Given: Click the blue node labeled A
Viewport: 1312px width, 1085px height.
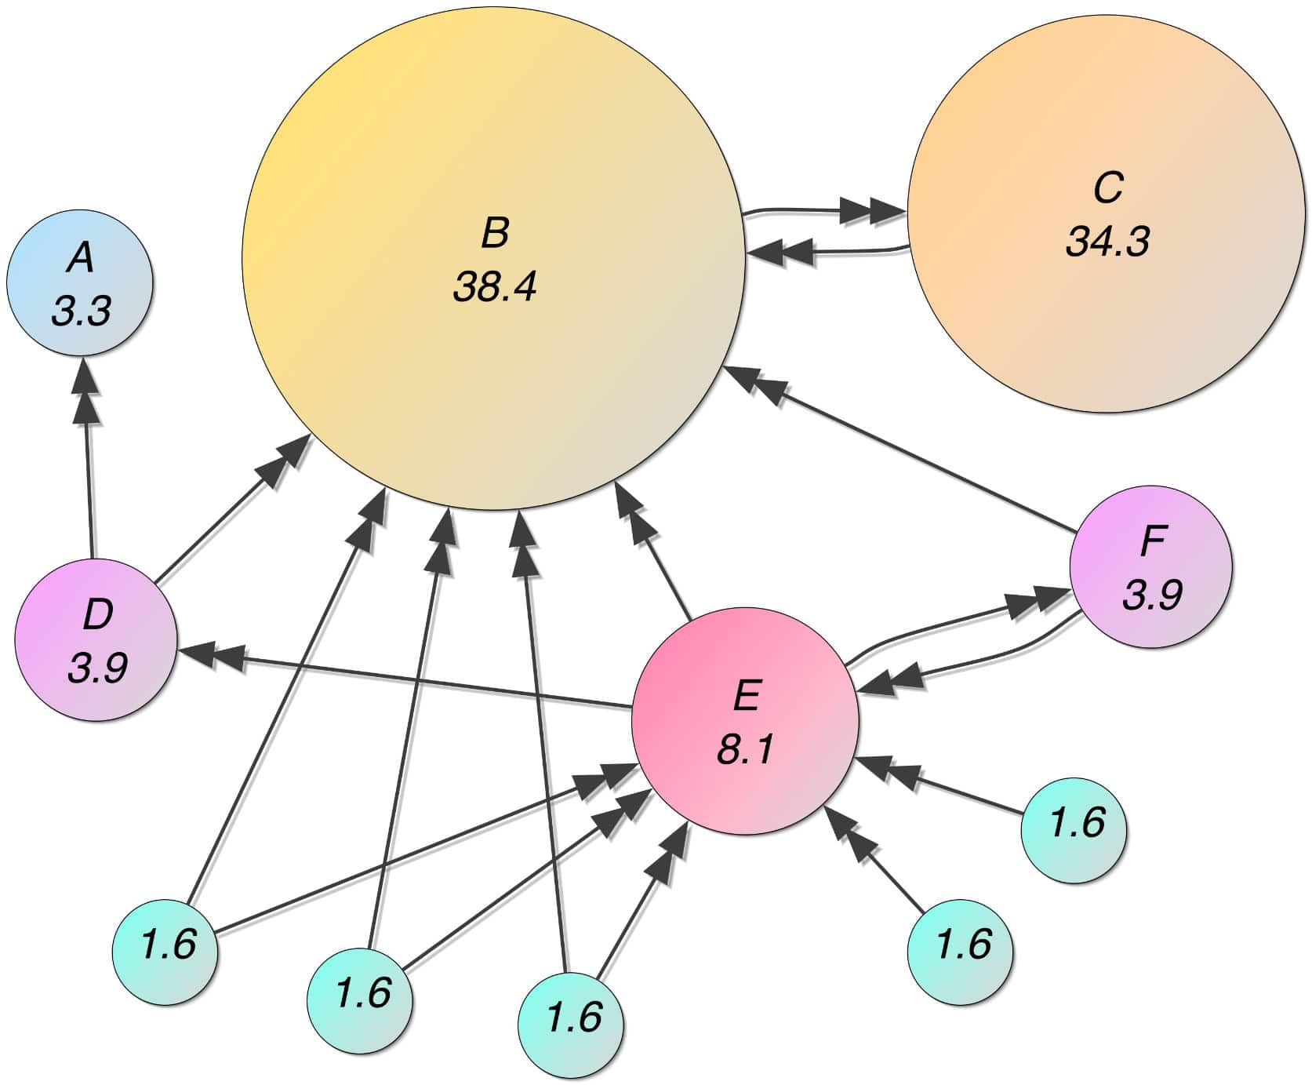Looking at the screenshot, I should [x=80, y=282].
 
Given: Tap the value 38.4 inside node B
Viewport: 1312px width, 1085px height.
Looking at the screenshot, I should [x=494, y=287].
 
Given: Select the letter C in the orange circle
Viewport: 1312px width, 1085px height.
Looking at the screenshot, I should [x=1108, y=188].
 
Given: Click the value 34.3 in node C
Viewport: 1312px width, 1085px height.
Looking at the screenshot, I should [x=1107, y=241].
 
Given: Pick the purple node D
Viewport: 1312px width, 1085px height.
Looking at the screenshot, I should [x=95, y=639].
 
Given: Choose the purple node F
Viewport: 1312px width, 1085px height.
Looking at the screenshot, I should [x=1150, y=566].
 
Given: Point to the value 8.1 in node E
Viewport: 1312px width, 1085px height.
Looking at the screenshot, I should [x=745, y=749].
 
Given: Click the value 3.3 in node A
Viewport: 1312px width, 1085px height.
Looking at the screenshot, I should [x=81, y=311].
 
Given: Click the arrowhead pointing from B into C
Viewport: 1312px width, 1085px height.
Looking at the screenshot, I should [x=874, y=211].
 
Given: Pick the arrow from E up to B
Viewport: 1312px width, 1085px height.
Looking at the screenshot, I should [x=655, y=553].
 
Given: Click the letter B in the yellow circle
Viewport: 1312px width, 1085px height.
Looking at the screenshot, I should [x=495, y=233].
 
